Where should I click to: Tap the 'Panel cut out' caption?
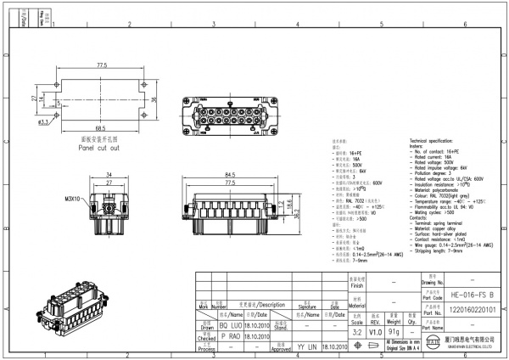(99, 147)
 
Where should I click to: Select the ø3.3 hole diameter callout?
(43, 121)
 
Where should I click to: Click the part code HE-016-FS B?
(466, 294)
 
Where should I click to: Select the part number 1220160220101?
(466, 311)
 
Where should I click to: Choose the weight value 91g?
(393, 333)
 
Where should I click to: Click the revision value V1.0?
(376, 333)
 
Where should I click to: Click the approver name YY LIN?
(306, 348)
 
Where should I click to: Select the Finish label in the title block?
(357, 286)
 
